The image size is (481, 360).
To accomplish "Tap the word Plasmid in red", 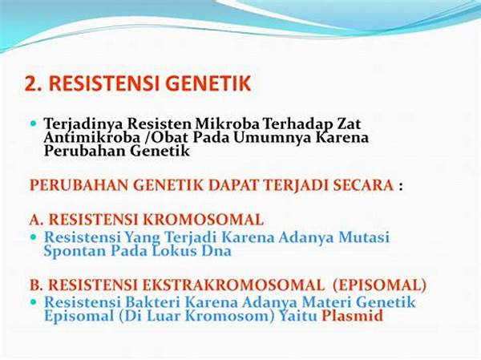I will pos(353,316).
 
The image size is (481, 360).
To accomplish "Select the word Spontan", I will pos(74,250).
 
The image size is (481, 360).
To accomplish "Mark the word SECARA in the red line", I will pos(362,185).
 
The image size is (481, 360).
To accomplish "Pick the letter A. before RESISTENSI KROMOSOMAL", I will pos(38,219).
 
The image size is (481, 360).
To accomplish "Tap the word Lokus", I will pos(178,250).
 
